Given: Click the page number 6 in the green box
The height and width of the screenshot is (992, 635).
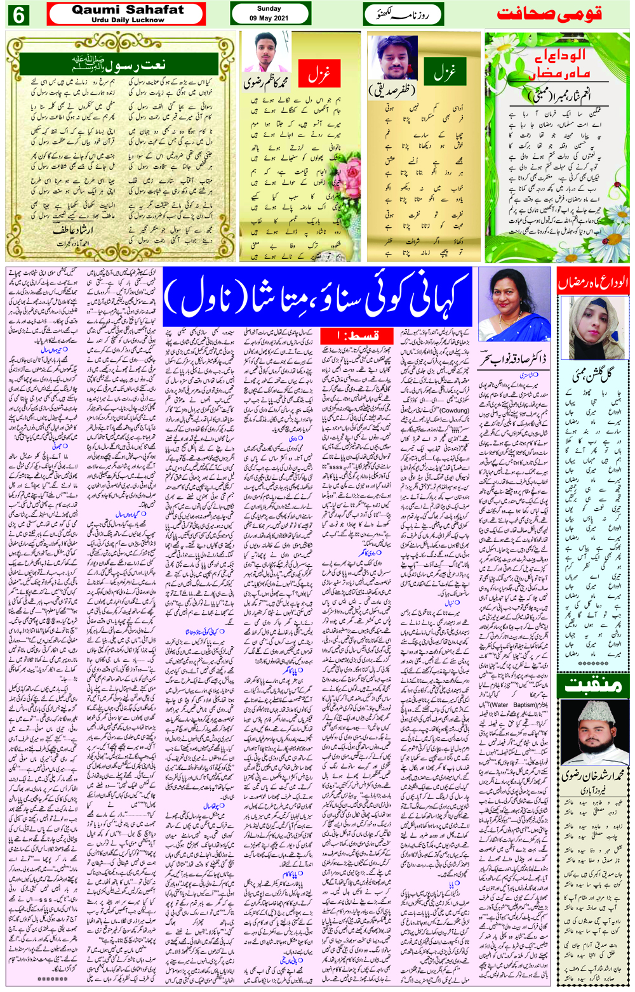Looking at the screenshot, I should coord(18,15).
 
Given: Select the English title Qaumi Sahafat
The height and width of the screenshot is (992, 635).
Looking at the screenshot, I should coord(128,10).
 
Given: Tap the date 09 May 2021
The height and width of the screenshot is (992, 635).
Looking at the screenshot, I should coord(269,18).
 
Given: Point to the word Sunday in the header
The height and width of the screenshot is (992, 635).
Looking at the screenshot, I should coord(269,8).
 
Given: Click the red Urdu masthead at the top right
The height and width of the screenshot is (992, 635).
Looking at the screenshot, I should coord(549,14).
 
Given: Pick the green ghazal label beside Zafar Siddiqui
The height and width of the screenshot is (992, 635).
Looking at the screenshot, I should coord(444,75).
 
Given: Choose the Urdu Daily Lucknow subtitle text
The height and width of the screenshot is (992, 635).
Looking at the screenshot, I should coord(128,20).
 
